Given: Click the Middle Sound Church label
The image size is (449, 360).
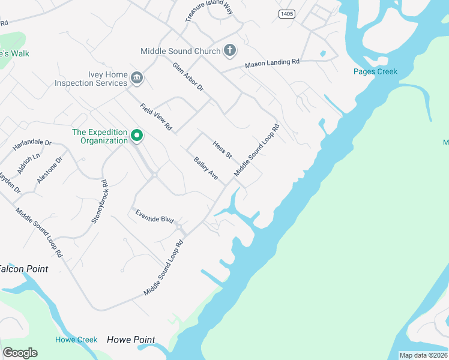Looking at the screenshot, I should [x=181, y=51].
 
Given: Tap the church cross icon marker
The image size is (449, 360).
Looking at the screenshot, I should [x=229, y=50].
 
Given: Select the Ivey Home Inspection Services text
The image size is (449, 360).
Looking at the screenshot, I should [x=91, y=79].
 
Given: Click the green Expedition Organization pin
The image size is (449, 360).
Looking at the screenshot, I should [x=137, y=136].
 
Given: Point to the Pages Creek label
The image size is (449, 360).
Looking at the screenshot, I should [x=375, y=72].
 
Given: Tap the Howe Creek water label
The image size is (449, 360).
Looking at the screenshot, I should [x=76, y=340].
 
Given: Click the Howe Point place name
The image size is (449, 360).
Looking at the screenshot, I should [x=131, y=340].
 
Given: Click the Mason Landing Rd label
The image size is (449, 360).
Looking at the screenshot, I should [x=272, y=62].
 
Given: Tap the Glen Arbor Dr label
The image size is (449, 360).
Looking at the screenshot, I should [x=188, y=77].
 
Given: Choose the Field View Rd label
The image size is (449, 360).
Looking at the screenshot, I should [x=156, y=117].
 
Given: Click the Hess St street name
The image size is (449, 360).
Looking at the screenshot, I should [x=222, y=149].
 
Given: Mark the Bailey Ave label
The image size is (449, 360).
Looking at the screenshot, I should [x=206, y=168].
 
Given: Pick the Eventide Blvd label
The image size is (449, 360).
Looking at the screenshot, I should [x=154, y=216].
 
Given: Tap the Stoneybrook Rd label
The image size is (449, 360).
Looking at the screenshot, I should [x=99, y=202].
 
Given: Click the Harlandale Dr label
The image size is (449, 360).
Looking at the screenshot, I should [x=32, y=144].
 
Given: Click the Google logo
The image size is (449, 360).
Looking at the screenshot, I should [x=20, y=353].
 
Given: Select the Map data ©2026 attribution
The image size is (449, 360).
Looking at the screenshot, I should [x=423, y=355].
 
